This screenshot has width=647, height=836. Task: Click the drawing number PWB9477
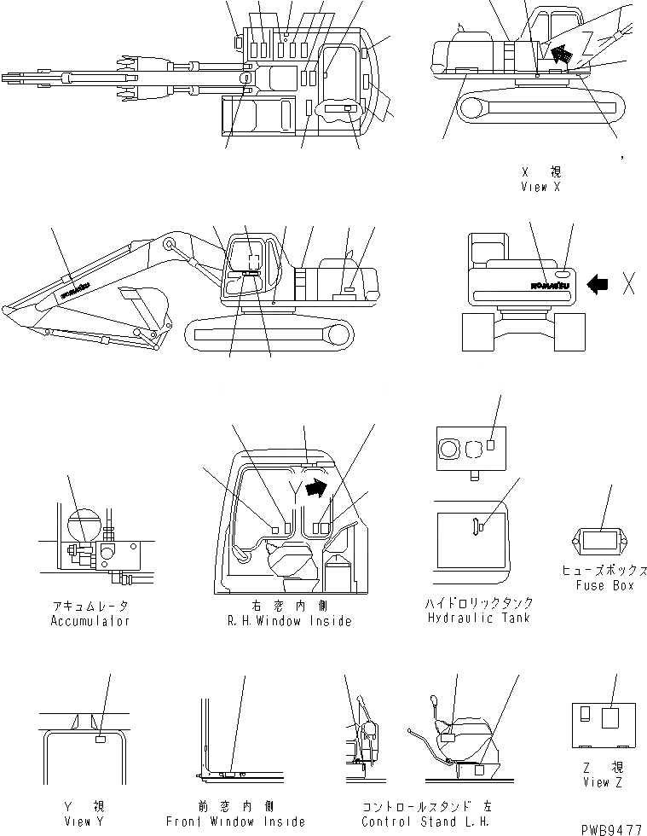click(612, 828)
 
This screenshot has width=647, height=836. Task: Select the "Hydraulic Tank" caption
click(480, 617)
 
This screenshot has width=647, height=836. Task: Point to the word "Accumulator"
click(90, 621)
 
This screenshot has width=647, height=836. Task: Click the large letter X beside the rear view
click(628, 285)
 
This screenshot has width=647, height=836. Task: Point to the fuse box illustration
click(600, 539)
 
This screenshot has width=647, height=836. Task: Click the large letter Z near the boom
click(588, 40)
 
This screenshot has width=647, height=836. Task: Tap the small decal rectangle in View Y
click(101, 740)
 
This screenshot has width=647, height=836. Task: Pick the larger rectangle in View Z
click(610, 717)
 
